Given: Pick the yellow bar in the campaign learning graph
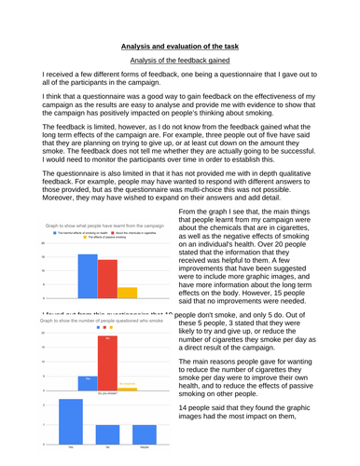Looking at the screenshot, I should (128, 291).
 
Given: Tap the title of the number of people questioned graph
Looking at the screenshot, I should (104, 320).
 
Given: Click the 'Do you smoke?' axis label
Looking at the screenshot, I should (107, 393).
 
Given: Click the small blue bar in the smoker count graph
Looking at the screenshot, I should (87, 381).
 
